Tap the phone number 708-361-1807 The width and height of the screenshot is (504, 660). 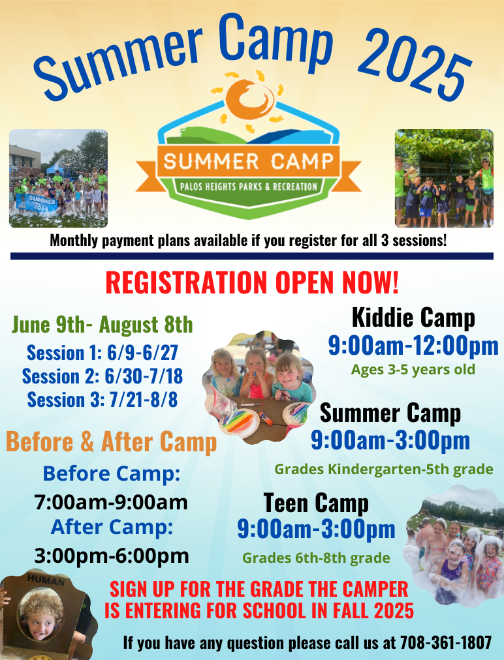click(x=445, y=642)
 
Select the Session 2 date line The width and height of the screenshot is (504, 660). click(x=102, y=376)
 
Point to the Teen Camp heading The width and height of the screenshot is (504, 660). click(x=316, y=503)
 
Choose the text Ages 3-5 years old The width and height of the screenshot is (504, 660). click(x=413, y=370)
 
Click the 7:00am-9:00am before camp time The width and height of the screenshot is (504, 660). click(x=111, y=502)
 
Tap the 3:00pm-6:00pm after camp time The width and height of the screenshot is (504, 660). click(x=112, y=556)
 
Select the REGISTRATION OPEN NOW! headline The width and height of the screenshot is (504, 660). click(x=252, y=282)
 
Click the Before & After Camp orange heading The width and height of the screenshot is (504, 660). click(x=111, y=442)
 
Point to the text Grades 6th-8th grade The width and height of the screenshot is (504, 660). click(x=316, y=558)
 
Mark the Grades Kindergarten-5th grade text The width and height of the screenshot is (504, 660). click(x=383, y=469)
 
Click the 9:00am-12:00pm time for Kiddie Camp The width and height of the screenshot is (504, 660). click(x=413, y=346)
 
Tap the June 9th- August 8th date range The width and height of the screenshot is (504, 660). click(x=102, y=324)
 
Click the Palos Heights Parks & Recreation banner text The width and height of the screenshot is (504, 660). click(x=249, y=187)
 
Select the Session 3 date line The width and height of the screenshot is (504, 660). click(x=102, y=399)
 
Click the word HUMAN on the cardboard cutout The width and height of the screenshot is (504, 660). click(x=45, y=580)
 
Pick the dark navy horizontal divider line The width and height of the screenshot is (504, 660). click(x=252, y=256)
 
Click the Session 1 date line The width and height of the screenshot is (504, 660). click(x=102, y=353)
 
